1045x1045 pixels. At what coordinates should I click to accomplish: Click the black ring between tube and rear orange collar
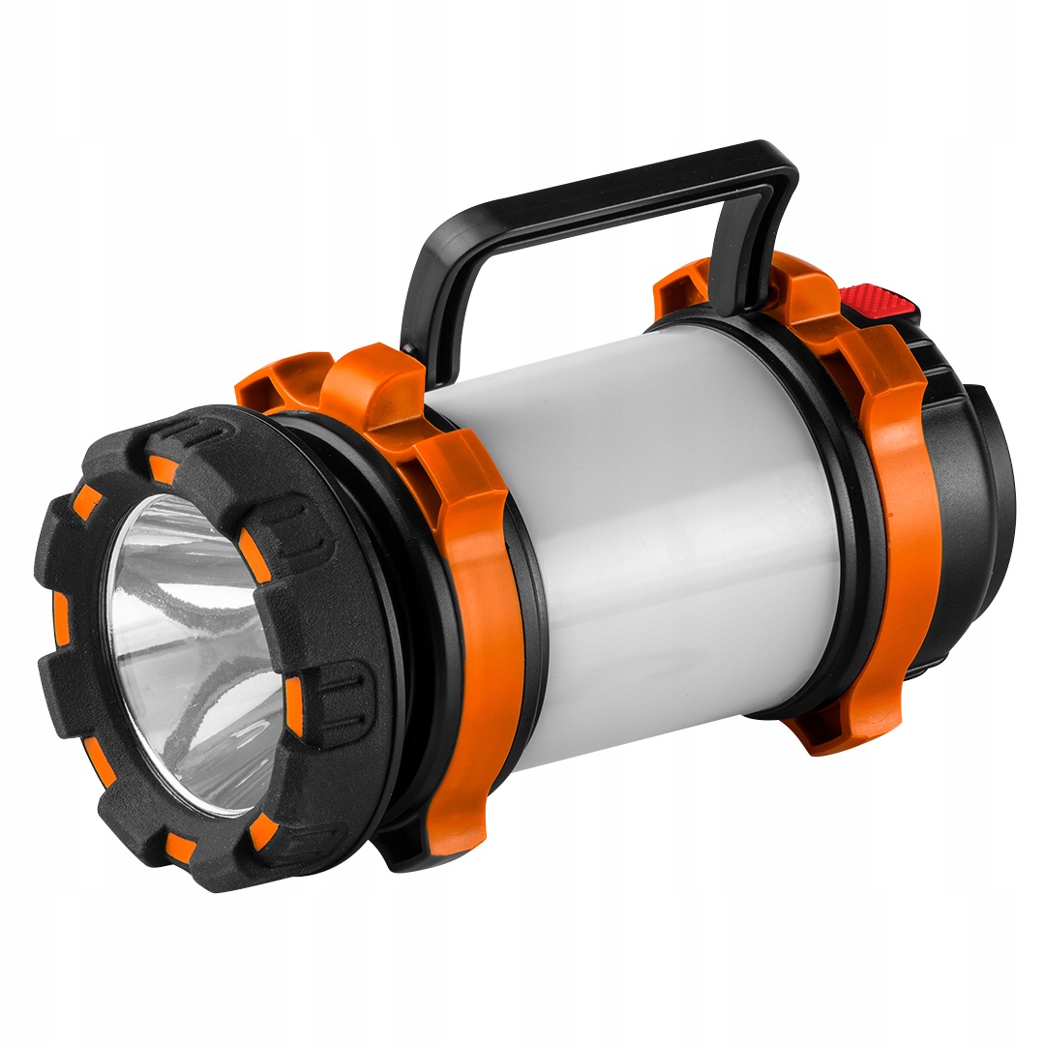click(832, 522)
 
